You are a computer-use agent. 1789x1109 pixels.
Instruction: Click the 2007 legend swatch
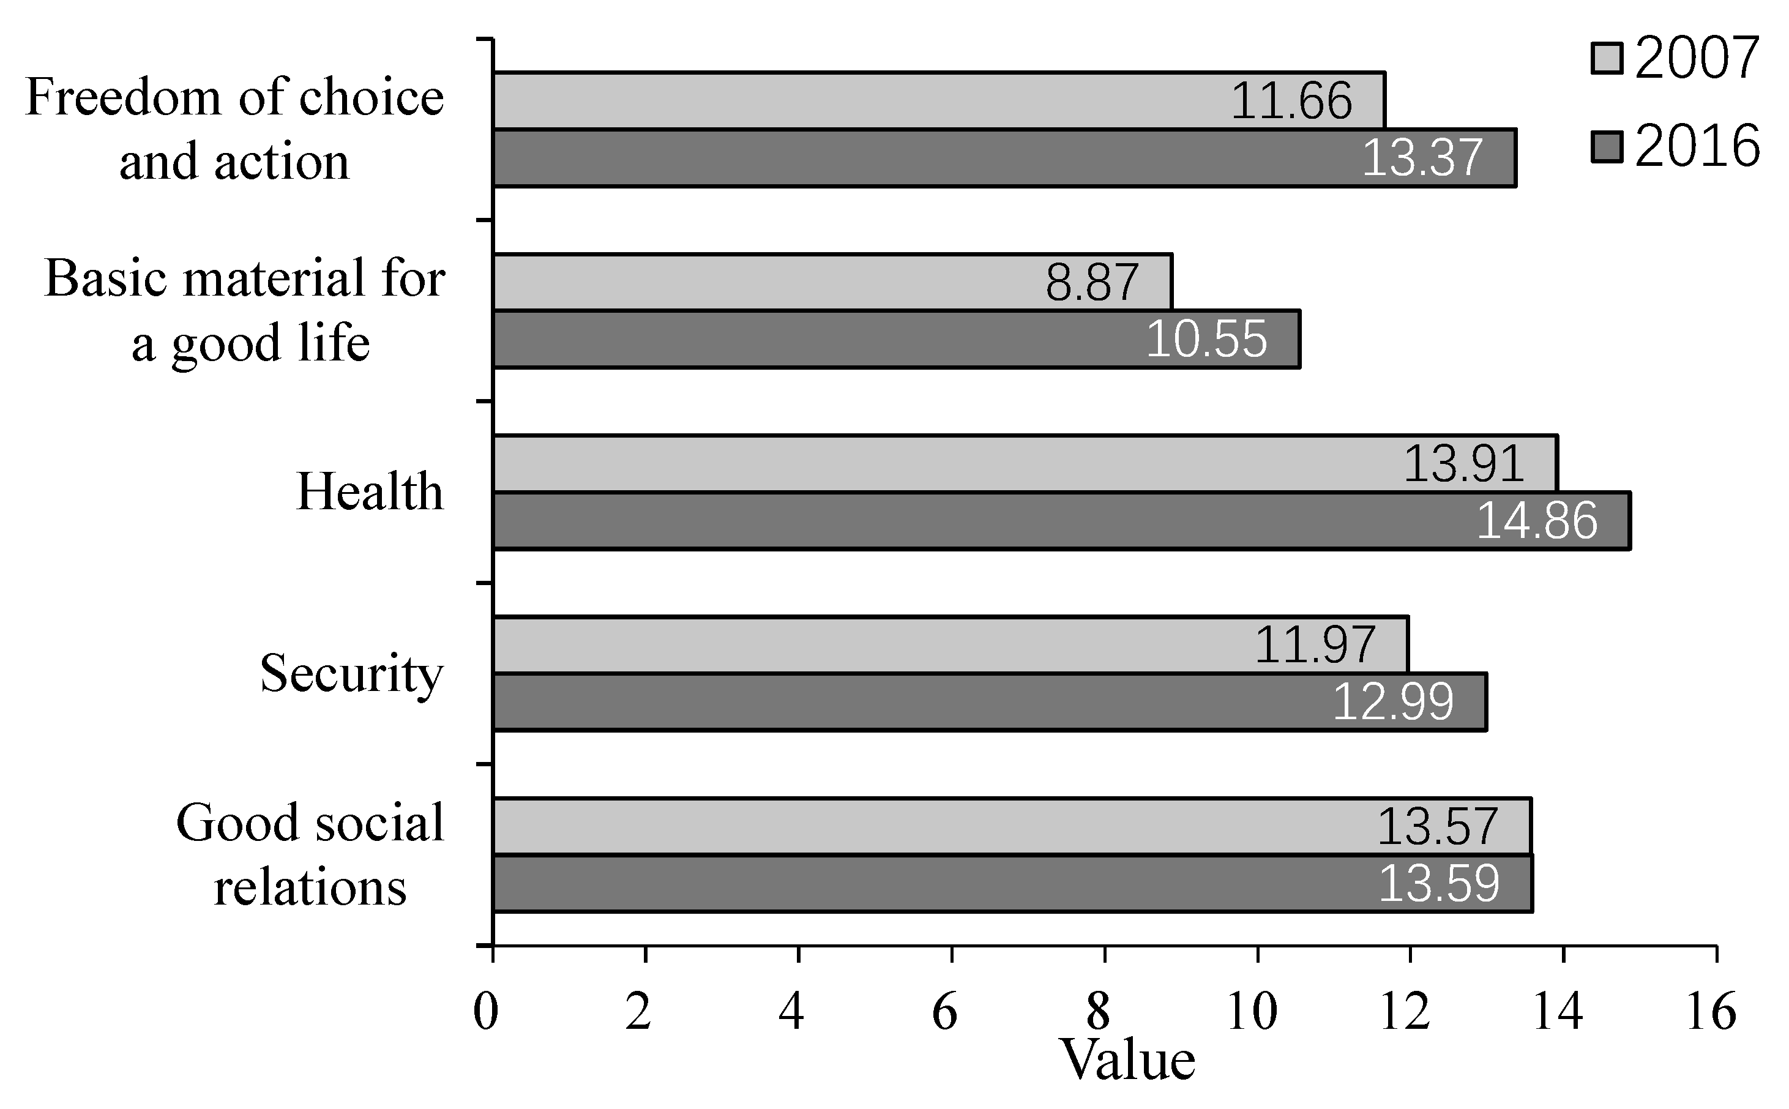coord(1607,59)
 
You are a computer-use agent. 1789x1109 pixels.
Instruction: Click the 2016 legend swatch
coord(1607,147)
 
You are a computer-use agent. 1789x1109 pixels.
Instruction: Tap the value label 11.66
coord(1291,101)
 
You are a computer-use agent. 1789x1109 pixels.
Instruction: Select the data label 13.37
coord(1422,158)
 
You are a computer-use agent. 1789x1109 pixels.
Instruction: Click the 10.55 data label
coord(1206,340)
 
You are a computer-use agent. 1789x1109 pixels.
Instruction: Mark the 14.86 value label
coord(1536,521)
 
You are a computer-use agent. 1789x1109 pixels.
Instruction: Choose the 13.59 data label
coord(1439,884)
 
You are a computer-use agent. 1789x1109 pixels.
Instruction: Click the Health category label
coord(370,491)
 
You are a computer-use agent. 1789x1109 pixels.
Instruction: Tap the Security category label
coord(351,673)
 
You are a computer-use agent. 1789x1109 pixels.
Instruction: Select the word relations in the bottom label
coord(310,887)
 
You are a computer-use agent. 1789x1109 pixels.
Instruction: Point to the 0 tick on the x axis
coord(485,1013)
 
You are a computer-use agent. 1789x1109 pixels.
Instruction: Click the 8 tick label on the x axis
coord(1097,1013)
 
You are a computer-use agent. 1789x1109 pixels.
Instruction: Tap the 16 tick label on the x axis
coord(1711,1013)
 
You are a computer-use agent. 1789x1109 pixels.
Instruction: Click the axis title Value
coord(1129,1061)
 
